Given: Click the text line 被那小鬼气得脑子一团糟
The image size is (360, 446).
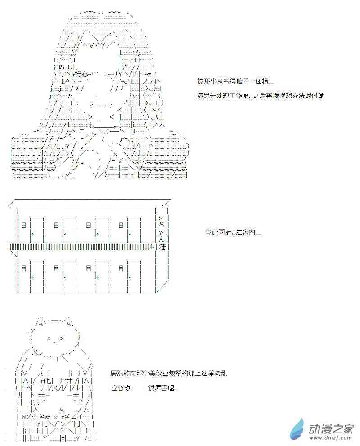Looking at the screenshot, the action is click(235, 81).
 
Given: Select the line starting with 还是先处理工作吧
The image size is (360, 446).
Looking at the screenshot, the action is click(261, 96).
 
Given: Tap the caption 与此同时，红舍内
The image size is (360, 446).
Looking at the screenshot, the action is click(233, 232).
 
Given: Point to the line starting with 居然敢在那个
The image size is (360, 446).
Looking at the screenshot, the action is click(168, 374).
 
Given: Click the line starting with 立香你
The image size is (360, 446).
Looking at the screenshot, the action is click(144, 388).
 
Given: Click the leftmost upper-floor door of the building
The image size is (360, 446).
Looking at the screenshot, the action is click(37, 230).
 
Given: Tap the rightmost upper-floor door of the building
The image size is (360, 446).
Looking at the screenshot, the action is click(134, 230).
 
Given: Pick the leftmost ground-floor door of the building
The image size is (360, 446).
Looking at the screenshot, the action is click(37, 277).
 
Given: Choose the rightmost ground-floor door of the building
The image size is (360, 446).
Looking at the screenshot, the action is click(134, 277).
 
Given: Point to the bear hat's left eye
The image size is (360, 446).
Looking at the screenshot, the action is click(49, 339).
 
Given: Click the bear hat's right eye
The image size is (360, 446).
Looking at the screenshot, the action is click(61, 339).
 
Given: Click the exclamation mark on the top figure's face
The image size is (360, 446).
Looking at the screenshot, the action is click(97, 96).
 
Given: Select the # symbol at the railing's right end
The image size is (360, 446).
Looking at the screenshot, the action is click(152, 247).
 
